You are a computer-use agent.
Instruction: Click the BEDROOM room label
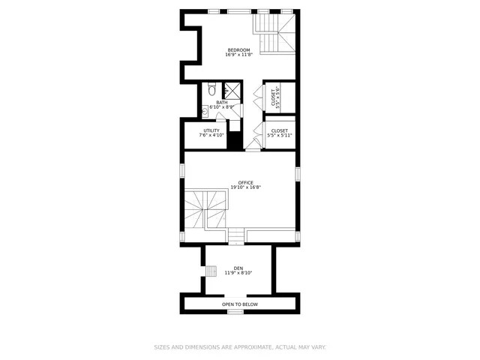pos(238,50)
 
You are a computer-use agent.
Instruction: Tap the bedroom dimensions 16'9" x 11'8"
pos(238,55)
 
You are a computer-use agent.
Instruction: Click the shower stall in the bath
pos(232,91)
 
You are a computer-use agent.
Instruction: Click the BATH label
pos(222,103)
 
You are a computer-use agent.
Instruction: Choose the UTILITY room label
pos(211,130)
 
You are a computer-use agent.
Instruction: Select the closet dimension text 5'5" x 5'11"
pos(279,136)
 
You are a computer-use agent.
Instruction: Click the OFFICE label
pos(245,182)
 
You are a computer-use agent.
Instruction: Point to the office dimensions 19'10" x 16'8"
pos(245,187)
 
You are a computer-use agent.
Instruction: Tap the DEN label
pos(238,268)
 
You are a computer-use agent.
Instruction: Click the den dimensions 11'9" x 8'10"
pos(238,273)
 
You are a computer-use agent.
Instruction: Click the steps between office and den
pos(237,237)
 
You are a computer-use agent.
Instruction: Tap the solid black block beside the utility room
pos(235,140)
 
